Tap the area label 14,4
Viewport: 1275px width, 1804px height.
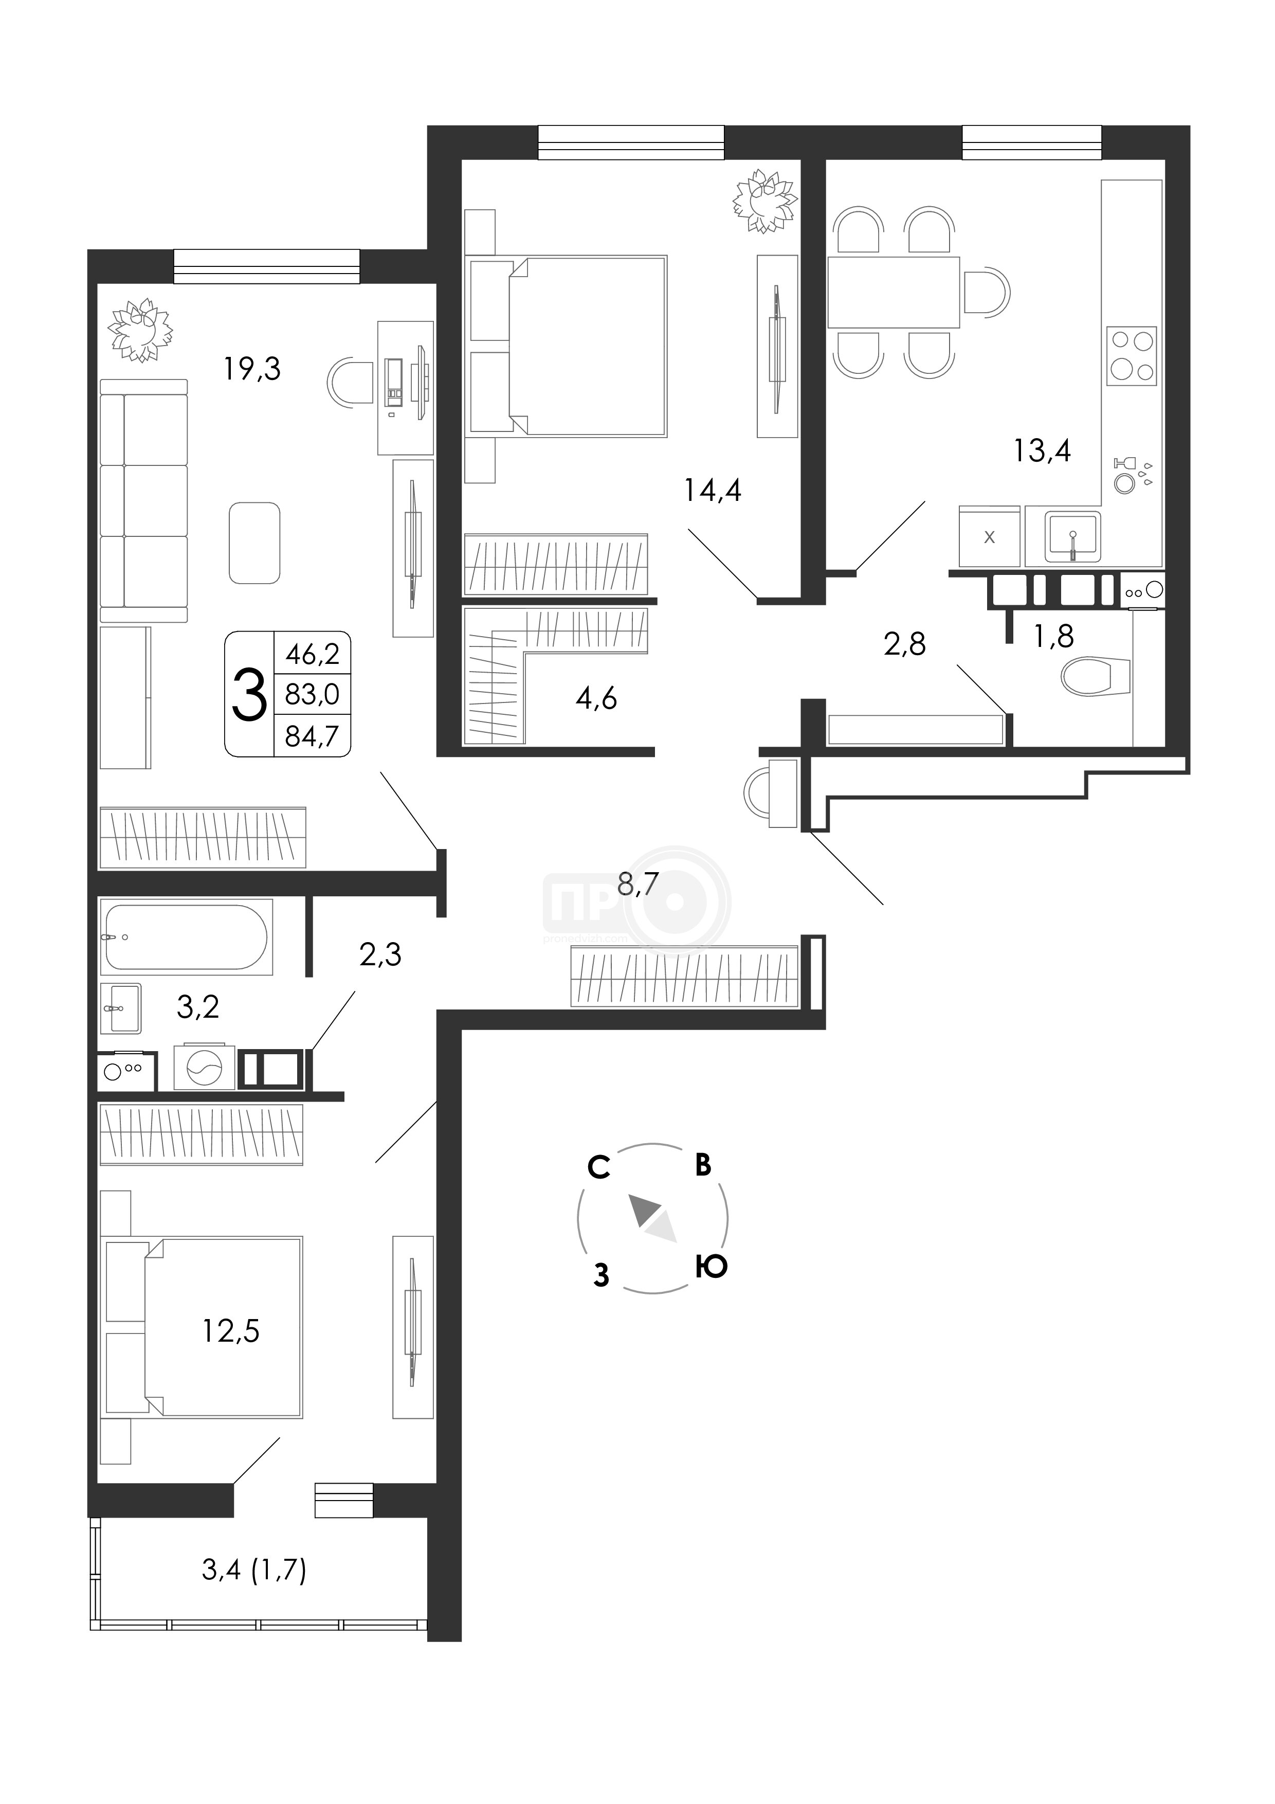point(713,490)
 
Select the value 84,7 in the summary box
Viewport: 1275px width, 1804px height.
point(312,736)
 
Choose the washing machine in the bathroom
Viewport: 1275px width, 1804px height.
point(204,1066)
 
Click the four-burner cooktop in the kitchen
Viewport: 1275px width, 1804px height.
point(1131,356)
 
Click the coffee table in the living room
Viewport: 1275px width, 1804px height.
point(254,543)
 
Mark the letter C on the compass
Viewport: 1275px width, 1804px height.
point(598,1167)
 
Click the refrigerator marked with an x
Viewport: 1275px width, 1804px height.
point(989,536)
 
